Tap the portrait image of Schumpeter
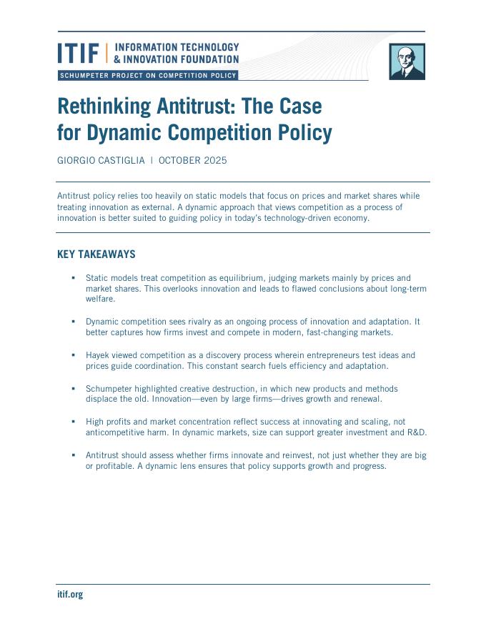(407, 61)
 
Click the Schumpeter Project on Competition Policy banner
(147, 76)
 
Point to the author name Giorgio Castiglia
(101, 160)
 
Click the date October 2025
(193, 160)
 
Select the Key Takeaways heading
(96, 254)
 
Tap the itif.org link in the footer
(70, 594)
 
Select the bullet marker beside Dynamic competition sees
(73, 322)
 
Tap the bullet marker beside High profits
(73, 422)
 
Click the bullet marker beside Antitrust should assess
(73, 455)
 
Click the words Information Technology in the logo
(177, 47)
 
